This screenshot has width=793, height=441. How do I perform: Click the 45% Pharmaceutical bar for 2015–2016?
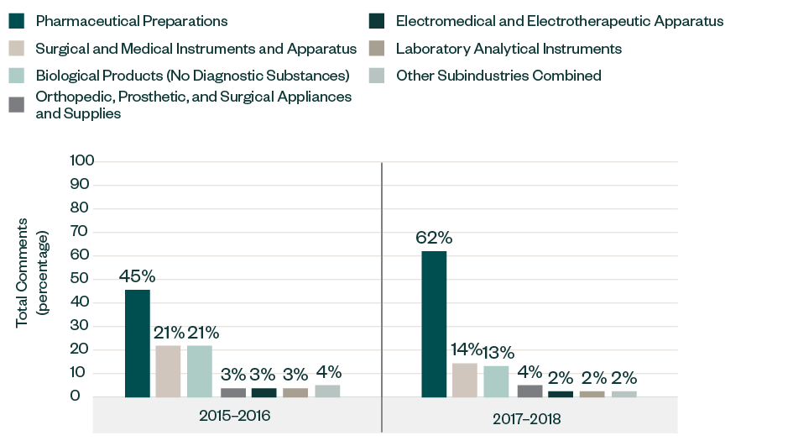point(138,344)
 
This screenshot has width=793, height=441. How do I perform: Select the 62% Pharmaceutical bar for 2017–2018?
point(434,324)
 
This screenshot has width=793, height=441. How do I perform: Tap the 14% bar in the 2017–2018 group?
point(465,380)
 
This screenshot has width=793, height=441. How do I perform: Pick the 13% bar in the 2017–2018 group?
point(496,381)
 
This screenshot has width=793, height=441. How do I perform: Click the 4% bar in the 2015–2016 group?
point(327,391)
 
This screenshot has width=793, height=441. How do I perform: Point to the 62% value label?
point(434,238)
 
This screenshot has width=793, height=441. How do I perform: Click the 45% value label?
point(138,276)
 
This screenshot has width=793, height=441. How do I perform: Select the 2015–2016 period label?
point(235,417)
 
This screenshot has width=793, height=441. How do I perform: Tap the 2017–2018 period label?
point(526,417)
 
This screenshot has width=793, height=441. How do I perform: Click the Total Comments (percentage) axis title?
point(33,272)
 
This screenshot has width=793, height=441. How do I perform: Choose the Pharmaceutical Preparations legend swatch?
point(16,20)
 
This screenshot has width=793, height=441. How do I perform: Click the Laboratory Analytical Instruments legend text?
point(509,49)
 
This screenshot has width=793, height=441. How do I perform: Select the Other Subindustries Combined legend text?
point(498,76)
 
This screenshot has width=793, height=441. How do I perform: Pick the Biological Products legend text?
point(192,76)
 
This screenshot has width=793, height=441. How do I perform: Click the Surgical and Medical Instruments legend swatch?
point(16,49)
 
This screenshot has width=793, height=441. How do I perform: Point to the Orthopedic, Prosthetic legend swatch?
point(16,104)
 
